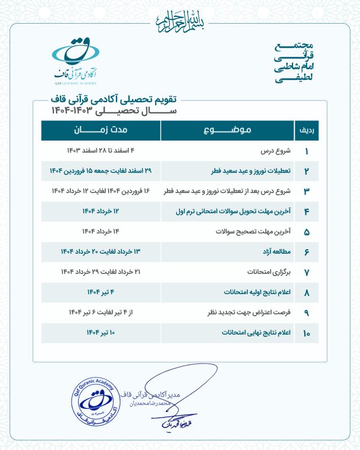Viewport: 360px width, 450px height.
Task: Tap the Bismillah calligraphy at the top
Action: point(179,19)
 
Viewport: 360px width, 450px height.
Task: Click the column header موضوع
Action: point(227,130)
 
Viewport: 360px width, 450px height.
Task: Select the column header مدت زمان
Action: point(101,130)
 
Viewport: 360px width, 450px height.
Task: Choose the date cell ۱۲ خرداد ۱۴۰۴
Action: point(101,211)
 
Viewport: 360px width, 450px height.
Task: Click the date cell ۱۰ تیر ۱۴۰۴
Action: point(101,333)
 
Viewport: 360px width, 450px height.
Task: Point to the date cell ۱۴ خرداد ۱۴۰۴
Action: point(101,232)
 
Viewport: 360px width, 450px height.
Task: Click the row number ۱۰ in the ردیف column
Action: point(307,334)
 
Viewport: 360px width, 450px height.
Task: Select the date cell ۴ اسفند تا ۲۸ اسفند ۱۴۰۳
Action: point(101,151)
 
